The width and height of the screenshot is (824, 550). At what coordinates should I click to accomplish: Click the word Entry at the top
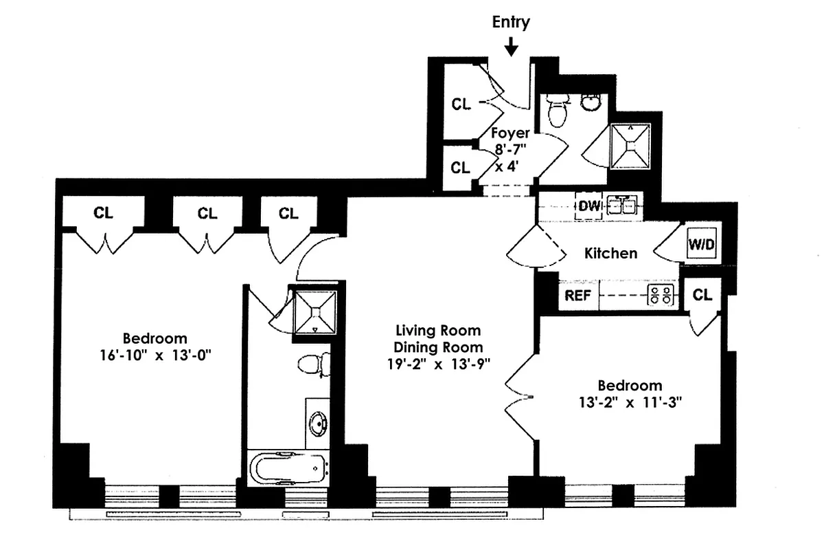pyautogui.click(x=511, y=22)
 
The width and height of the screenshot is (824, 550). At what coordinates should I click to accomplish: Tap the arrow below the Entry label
pyautogui.click(x=511, y=47)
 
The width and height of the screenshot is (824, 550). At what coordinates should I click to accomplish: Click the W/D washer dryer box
pyautogui.click(x=700, y=243)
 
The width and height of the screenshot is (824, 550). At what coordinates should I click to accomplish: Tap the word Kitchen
pyautogui.click(x=610, y=253)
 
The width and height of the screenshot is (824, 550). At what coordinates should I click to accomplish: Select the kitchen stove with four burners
pyautogui.click(x=661, y=296)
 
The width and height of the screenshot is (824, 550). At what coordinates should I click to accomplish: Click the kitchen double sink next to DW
pyautogui.click(x=622, y=206)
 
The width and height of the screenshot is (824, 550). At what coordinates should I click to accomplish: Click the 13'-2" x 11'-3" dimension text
pyautogui.click(x=630, y=403)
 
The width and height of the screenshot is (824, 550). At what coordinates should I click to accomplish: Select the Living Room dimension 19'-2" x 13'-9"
pyautogui.click(x=443, y=364)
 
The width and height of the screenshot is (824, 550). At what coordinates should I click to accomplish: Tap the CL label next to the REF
pyautogui.click(x=702, y=296)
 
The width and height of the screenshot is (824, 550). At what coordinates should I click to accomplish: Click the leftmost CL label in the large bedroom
pyautogui.click(x=103, y=214)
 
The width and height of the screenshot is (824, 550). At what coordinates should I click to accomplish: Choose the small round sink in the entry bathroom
pyautogui.click(x=590, y=102)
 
